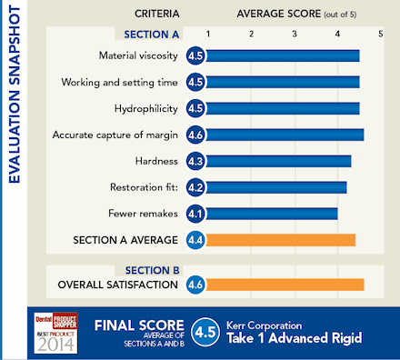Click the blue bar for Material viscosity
[x=282, y=56]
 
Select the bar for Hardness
[x=277, y=161]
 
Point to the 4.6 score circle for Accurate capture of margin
[x=195, y=135]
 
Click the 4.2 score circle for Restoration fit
[x=195, y=187]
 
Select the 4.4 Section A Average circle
[x=195, y=240]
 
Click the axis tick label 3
[x=295, y=34]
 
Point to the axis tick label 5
[x=380, y=34]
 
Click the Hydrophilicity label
[x=145, y=108]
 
